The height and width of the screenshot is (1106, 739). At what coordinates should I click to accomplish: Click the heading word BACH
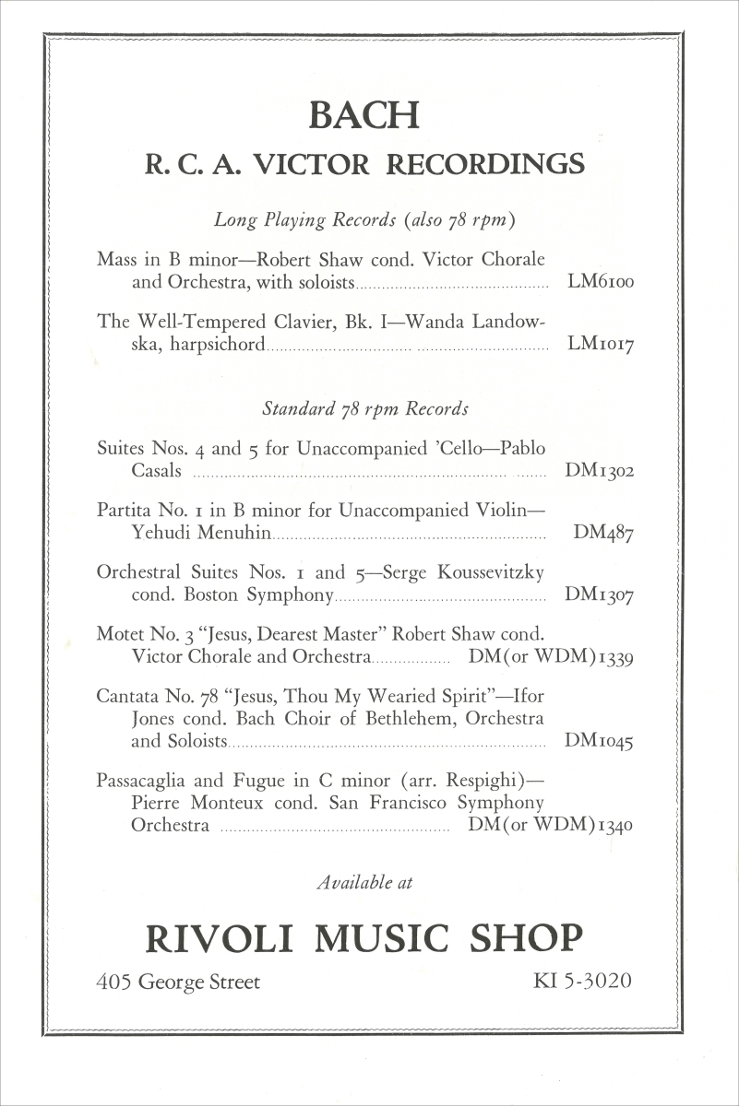tap(364, 116)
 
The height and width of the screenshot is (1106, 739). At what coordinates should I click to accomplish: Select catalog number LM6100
tap(601, 283)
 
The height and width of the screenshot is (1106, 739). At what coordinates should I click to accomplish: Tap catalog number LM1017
tap(601, 346)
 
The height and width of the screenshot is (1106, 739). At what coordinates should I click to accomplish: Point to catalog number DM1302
tap(599, 472)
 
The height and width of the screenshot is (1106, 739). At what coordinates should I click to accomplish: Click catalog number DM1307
tap(599, 596)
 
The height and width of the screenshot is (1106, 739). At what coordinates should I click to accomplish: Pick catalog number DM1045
tap(599, 741)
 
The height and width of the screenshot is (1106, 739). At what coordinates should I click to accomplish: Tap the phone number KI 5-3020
tap(582, 981)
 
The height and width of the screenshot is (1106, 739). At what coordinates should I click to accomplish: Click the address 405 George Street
tap(178, 982)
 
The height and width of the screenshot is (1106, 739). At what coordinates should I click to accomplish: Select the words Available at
tap(364, 882)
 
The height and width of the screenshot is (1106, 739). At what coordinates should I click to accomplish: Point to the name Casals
tap(156, 472)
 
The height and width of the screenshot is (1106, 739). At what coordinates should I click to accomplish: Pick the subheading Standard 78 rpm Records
tap(365, 408)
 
